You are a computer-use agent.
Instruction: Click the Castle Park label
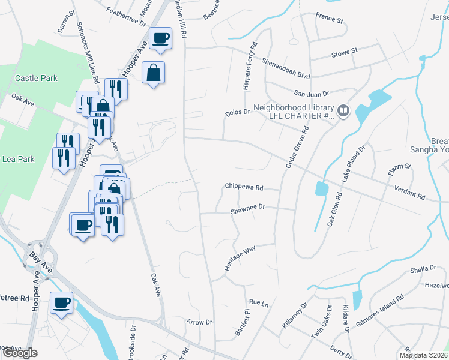(x=36, y=78)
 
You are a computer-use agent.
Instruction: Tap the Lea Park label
(x=18, y=160)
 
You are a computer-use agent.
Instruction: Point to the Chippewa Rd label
(x=244, y=187)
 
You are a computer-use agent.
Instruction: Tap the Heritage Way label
(x=240, y=257)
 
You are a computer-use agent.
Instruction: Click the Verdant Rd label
(x=409, y=197)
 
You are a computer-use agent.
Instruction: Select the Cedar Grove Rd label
(x=297, y=146)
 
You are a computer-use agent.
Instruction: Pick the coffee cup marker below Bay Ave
(x=61, y=302)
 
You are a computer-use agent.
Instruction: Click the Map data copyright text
(x=423, y=355)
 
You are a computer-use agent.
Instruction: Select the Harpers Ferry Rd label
(x=250, y=66)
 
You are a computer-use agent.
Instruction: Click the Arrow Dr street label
(x=200, y=322)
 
